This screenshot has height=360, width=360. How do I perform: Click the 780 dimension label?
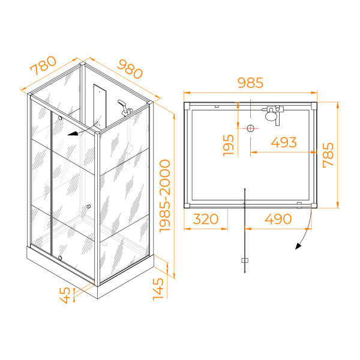43,65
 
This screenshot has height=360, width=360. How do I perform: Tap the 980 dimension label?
130,69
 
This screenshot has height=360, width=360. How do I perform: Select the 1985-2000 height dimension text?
165,196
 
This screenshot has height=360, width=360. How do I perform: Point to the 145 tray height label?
158,289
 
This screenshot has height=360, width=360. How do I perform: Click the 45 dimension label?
65,295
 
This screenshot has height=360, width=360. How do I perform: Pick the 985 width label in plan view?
250,83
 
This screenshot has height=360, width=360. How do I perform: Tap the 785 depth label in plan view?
328,155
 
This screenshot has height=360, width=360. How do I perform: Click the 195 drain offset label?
229,145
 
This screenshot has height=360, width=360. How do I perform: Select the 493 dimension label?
284,142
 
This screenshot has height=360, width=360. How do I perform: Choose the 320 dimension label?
206,219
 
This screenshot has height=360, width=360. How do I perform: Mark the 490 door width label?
278,219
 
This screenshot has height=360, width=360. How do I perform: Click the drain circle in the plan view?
250,128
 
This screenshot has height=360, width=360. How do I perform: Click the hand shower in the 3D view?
122,104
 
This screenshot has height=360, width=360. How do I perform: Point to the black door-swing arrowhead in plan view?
298,246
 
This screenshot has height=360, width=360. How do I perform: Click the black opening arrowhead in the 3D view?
73,134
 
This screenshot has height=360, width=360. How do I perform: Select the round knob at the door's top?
60,118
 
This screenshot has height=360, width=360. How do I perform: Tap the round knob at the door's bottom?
60,257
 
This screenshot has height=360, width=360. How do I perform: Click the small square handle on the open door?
245,260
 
